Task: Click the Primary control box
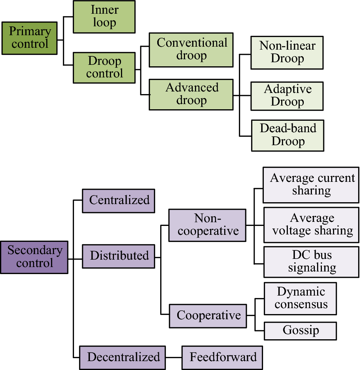[x=29, y=38]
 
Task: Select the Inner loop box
[x=104, y=17]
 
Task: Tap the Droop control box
[x=104, y=67]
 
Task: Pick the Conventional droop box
[x=191, y=50]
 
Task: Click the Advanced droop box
[x=191, y=94]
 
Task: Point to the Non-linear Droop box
[x=287, y=52]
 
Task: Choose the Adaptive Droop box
[x=287, y=96]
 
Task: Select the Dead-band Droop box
[x=287, y=135]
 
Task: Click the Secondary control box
[x=34, y=257]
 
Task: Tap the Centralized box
[x=118, y=201]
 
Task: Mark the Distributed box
[x=118, y=256]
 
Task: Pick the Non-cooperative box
[x=207, y=225]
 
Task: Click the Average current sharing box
[x=311, y=184]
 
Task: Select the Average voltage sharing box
[x=311, y=225]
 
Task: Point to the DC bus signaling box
[x=311, y=261]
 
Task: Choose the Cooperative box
[x=208, y=316]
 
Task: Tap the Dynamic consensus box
[x=300, y=299]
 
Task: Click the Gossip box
[x=300, y=331]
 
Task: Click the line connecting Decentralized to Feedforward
[x=174, y=357]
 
